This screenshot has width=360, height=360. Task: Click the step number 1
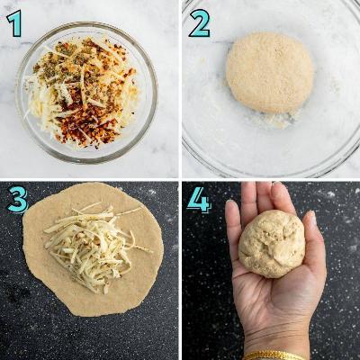[14, 23]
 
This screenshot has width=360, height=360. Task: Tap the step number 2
[200, 23]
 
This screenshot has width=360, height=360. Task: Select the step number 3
[18, 199]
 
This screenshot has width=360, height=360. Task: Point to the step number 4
[199, 199]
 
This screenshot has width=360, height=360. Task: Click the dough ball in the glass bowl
[270, 73]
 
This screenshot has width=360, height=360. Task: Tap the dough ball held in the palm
[272, 244]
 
